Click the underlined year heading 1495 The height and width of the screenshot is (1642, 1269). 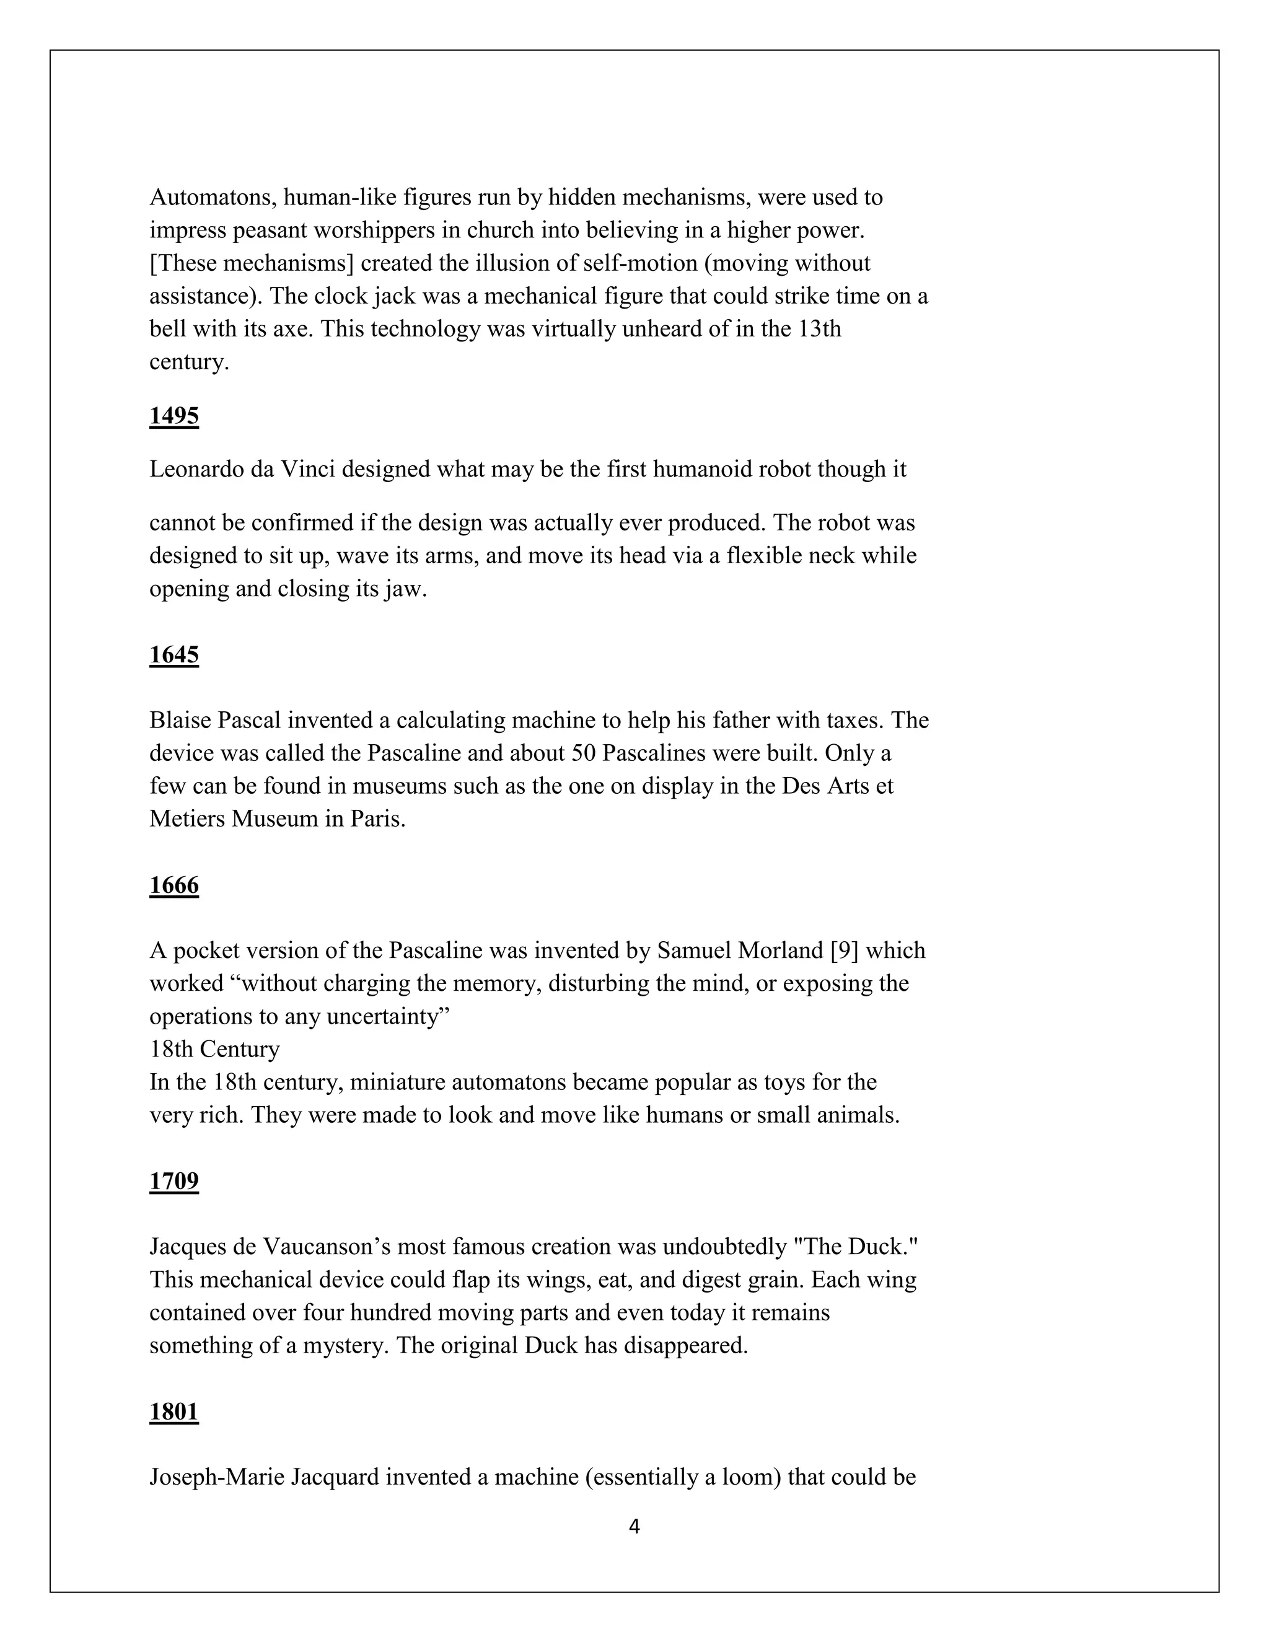[x=173, y=416]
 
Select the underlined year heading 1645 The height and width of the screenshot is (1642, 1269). [x=173, y=655]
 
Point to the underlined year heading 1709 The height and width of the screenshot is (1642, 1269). [x=173, y=1181]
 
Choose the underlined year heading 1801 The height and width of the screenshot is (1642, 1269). [x=173, y=1412]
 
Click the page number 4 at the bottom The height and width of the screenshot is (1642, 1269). [x=634, y=1526]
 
